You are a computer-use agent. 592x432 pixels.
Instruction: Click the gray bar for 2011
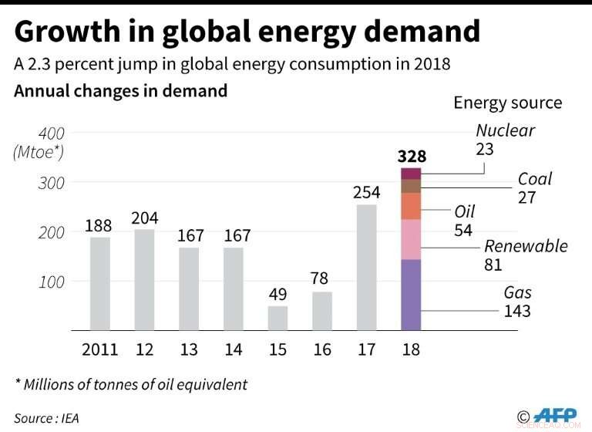[x=99, y=284]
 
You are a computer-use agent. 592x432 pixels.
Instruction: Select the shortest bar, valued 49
[x=277, y=319]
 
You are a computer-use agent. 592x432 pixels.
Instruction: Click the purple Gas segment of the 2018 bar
[x=412, y=295]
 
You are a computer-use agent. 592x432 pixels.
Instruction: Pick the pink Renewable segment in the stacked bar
[x=412, y=239]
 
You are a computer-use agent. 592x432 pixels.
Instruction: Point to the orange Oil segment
[x=412, y=206]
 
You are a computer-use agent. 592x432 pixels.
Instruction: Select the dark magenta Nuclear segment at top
[x=412, y=174]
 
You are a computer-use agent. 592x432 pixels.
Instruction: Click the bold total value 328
[x=412, y=156]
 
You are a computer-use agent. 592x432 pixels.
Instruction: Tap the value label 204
[x=144, y=218]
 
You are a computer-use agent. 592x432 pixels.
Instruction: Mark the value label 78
[x=322, y=278]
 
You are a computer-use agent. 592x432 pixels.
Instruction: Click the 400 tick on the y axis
[x=50, y=133]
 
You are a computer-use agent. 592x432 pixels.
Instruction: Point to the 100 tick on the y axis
[x=50, y=282]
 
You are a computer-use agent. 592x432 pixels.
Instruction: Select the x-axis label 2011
[x=99, y=350]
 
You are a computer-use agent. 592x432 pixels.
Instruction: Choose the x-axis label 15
[x=277, y=350]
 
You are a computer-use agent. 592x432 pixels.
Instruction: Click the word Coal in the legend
[x=534, y=179]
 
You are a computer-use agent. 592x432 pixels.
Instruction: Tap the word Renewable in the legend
[x=526, y=246]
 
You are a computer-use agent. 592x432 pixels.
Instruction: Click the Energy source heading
[x=507, y=103]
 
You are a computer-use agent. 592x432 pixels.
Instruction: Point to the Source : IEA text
[x=46, y=418]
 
